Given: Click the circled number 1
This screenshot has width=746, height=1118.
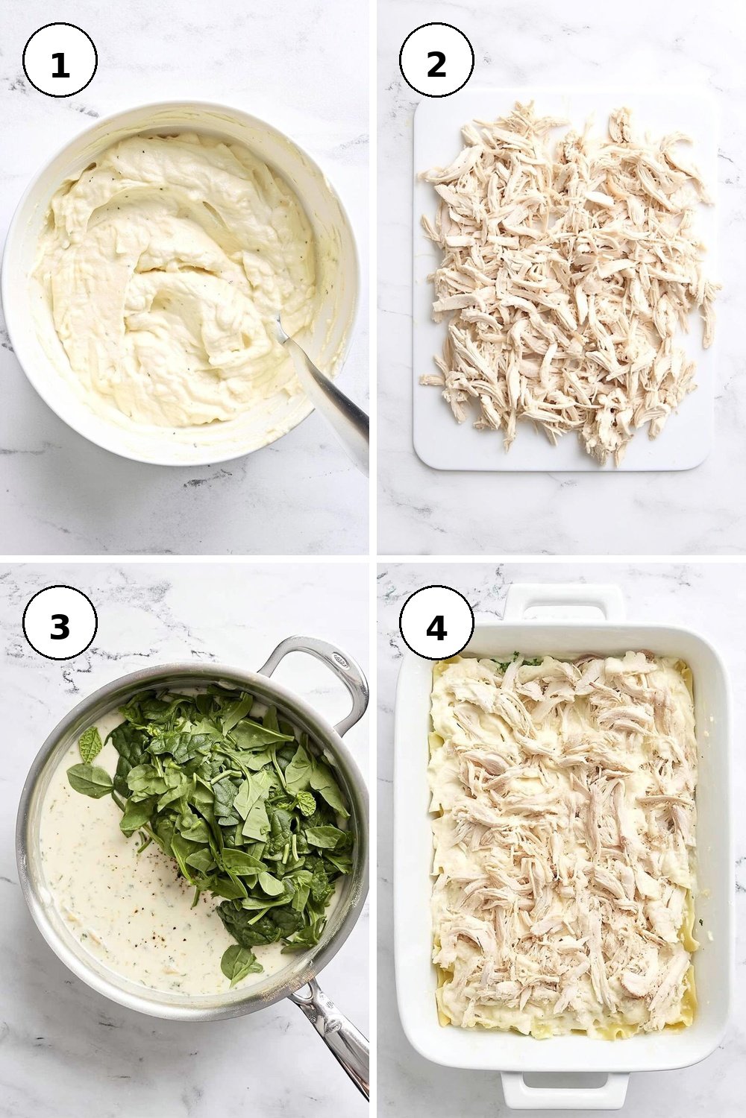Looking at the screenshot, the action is (x=60, y=60).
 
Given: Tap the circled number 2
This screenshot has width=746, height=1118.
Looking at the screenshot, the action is (x=436, y=60).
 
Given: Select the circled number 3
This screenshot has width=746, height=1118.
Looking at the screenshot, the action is (x=60, y=622).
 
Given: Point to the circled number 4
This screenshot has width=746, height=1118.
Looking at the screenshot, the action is (x=436, y=622).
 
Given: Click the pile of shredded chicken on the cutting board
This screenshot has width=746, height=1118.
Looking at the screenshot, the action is (x=567, y=279).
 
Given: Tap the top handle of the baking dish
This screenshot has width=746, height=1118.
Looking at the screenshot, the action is (x=565, y=604).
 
